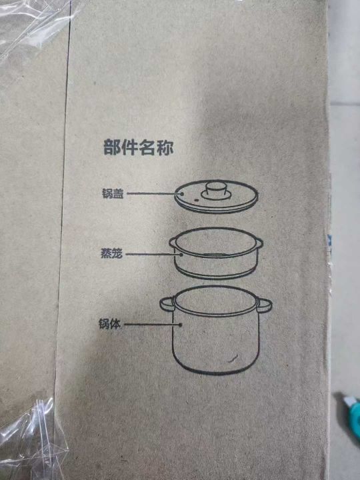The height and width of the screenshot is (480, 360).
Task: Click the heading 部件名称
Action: point(139,147)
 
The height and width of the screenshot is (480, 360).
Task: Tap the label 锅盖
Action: point(113,194)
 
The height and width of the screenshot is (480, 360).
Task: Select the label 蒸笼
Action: point(112,254)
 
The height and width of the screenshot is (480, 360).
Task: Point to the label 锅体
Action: point(109,324)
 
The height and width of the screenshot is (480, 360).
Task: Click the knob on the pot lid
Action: point(216,191)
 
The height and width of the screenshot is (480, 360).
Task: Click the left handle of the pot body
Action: point(167,304)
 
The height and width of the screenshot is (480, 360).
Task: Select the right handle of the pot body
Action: point(265,305)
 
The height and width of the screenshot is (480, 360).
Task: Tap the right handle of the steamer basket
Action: point(259,243)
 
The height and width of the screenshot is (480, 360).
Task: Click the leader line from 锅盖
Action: point(154,193)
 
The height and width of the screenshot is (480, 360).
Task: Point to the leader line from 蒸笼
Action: point(153,254)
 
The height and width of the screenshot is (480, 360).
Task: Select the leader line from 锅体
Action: point(152,324)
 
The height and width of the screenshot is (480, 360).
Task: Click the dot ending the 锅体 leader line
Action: point(180,325)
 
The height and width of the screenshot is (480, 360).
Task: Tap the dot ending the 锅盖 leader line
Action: point(182,193)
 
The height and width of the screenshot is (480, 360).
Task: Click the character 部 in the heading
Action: point(112,147)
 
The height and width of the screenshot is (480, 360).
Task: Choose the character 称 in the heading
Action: point(165,147)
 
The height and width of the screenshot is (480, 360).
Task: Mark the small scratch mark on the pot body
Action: point(233,358)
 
